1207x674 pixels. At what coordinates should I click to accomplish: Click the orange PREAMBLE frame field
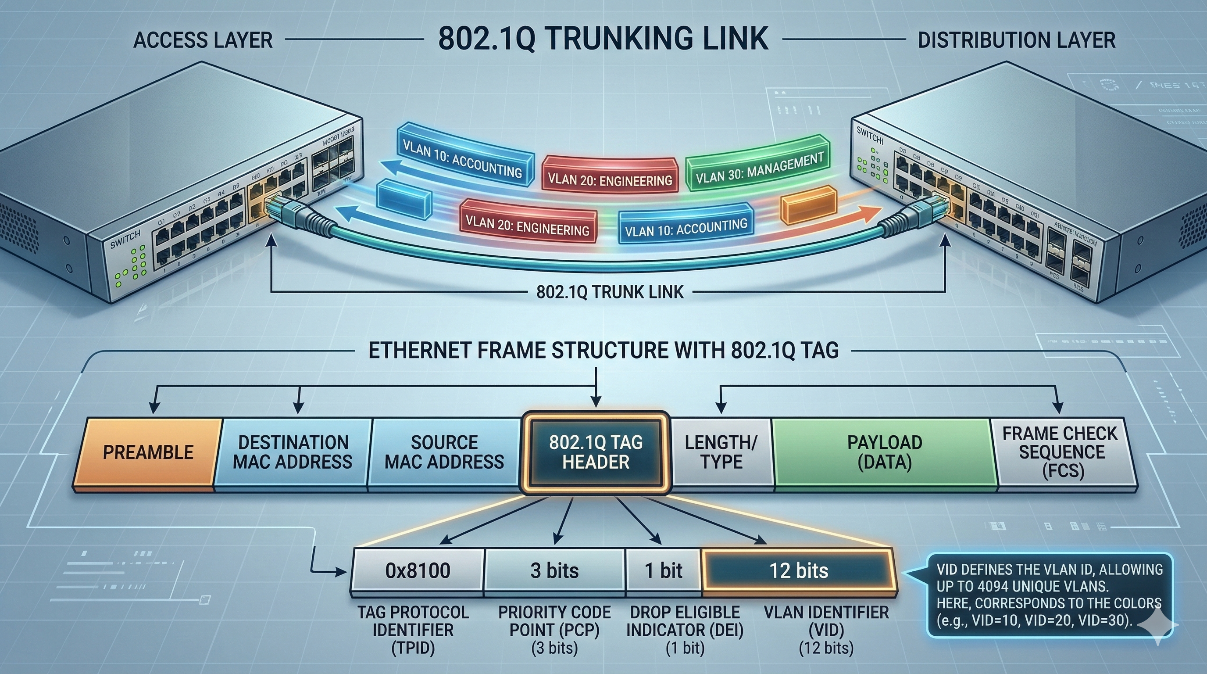coord(148,452)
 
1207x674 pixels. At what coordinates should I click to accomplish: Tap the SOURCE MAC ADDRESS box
coord(444,452)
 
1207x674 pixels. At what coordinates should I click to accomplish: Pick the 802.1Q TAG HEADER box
coord(595,452)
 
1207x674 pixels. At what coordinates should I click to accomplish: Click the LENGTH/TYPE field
coord(721,452)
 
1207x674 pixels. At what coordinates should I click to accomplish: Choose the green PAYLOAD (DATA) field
coord(884,452)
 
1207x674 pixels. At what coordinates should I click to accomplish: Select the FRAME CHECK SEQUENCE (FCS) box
coord(1061,452)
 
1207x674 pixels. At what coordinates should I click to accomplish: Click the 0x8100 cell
coord(418,571)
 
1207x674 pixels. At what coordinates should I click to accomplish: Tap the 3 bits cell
coord(554,571)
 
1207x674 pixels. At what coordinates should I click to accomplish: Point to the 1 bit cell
coord(664,571)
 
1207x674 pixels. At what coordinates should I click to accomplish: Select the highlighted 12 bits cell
coord(798,571)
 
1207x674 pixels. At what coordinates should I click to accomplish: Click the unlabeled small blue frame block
coord(404,200)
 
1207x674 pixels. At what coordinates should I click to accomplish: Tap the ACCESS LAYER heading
coord(203,40)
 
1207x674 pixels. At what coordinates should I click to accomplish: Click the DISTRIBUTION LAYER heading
coord(1016,40)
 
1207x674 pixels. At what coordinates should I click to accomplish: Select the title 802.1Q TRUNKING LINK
coord(603,39)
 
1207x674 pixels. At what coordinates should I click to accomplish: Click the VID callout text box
coord(1049,595)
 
